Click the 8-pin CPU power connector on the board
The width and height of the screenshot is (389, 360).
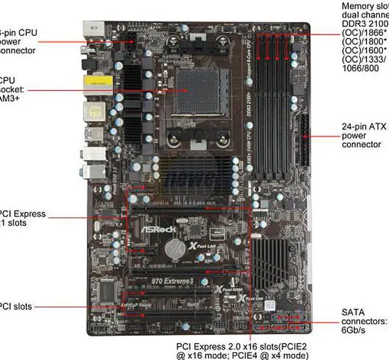click(x=132, y=46)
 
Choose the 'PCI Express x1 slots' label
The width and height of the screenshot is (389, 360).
click(x=21, y=218)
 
